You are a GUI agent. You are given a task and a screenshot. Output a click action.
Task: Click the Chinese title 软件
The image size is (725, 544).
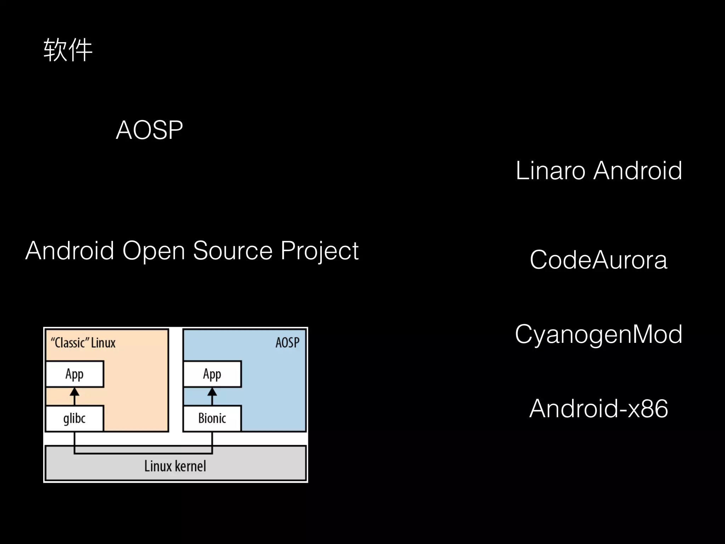68,51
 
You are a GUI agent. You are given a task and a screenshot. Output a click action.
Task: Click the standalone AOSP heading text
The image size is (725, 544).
149,130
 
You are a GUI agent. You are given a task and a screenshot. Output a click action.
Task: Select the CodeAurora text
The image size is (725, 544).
598,260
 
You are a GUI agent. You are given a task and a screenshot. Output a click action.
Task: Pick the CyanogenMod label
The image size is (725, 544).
598,334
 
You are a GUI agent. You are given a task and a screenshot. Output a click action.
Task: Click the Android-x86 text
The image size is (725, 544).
598,409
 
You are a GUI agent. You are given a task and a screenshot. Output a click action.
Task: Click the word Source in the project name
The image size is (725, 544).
233,251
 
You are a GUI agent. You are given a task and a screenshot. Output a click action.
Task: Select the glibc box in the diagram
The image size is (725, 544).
75,418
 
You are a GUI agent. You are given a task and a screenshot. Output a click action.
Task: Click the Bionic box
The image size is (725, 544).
212,418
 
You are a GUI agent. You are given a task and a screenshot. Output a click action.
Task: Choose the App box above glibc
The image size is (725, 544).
75,374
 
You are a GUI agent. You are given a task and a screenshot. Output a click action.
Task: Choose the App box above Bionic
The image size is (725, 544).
212,374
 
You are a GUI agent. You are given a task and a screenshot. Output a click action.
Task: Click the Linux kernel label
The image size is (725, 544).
175,466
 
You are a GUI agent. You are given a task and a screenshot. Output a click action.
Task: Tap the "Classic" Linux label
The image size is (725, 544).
83,343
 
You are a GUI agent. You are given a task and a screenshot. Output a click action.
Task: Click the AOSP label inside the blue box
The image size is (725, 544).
287,342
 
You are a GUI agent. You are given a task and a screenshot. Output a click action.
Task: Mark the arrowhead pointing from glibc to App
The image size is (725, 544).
74,392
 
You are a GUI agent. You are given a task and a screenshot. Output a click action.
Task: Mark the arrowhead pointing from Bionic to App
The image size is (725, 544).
212,392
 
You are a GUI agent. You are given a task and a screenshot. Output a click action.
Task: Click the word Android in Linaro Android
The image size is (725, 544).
638,171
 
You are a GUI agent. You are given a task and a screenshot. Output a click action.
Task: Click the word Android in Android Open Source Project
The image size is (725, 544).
70,251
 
